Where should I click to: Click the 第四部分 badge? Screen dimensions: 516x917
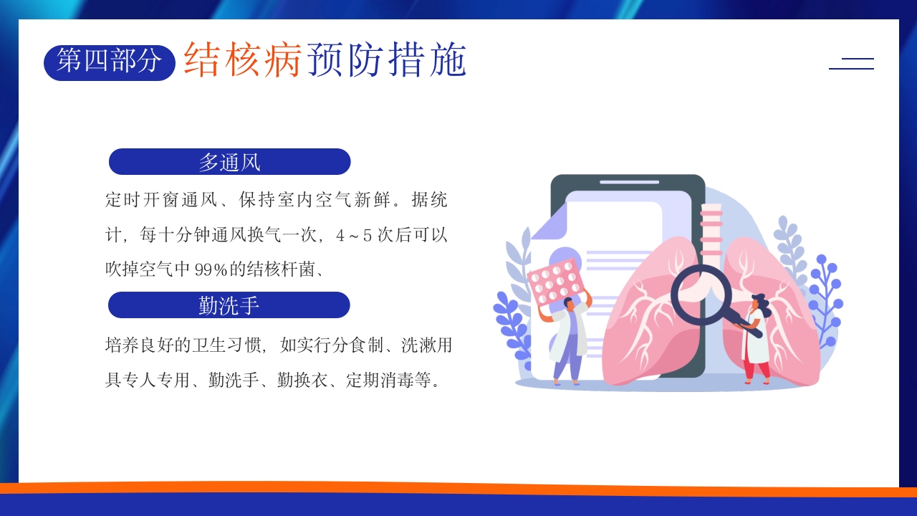[x=110, y=62]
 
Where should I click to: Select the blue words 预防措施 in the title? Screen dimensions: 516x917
[x=387, y=59]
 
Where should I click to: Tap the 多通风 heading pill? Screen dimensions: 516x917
[x=229, y=162]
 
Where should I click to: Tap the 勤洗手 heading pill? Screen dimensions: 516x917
[x=229, y=305]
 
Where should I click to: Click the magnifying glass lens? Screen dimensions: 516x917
[x=701, y=294]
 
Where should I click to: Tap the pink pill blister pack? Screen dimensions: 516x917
[x=556, y=280]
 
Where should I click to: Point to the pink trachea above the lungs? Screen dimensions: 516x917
[x=711, y=229]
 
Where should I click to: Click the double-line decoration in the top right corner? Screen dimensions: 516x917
[x=851, y=63]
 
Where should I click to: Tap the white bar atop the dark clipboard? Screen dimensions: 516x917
[x=628, y=183]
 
